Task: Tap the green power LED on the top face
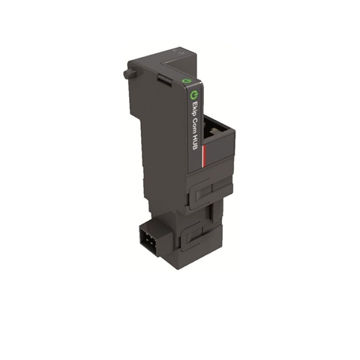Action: pos(185,81)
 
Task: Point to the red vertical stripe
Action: pos(204,155)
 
